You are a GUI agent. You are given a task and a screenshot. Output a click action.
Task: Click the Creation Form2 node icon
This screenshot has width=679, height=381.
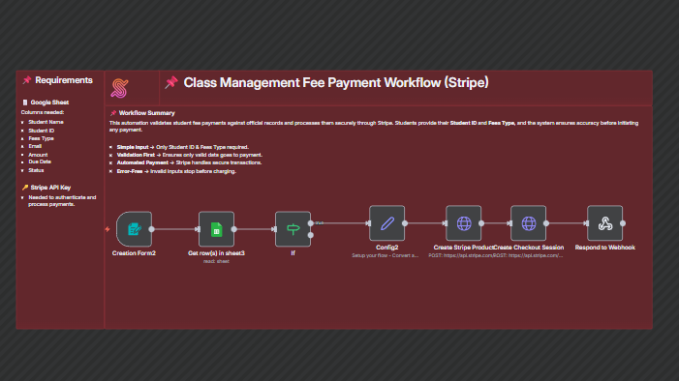pos(134,229)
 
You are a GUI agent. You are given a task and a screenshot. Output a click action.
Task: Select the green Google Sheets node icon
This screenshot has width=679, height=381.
pos(216,229)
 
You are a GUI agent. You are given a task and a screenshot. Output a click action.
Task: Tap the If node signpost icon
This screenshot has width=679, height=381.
pos(292,229)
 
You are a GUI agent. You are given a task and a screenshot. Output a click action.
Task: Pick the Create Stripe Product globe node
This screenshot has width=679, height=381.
pos(464,223)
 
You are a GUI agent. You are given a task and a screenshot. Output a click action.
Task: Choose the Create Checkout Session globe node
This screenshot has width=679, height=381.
pos(529,223)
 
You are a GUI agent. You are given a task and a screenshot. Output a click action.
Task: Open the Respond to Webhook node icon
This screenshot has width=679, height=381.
pos(605,223)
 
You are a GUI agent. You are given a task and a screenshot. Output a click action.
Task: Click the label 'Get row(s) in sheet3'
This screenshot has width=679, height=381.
pos(216,253)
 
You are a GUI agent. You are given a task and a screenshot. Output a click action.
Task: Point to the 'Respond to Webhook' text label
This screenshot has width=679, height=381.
pos(605,248)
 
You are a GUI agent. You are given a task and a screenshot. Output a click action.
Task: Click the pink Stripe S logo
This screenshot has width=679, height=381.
pos(121,87)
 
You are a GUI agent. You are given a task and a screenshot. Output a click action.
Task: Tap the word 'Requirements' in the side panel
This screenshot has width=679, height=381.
pos(63,80)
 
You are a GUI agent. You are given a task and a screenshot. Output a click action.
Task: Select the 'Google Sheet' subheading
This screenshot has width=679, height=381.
pos(53,102)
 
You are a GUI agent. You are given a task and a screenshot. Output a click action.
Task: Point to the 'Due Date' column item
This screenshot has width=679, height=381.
pos(41,161)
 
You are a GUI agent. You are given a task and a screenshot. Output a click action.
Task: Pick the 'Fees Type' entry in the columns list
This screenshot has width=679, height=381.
pos(42,138)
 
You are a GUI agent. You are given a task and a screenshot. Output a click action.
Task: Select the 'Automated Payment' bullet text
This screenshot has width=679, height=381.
pos(143,162)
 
